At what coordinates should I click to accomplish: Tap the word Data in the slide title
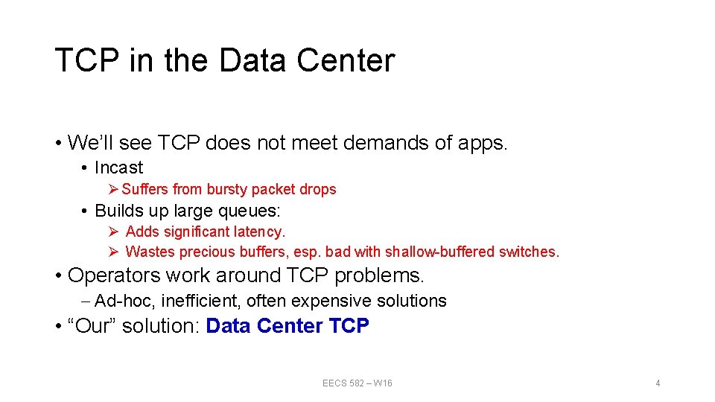click(252, 61)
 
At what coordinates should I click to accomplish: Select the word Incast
click(118, 167)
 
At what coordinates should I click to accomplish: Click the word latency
click(260, 232)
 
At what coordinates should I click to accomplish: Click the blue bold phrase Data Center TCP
click(287, 326)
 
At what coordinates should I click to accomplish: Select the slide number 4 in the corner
click(658, 383)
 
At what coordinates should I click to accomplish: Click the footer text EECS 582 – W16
click(357, 383)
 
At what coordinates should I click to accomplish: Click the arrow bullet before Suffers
click(114, 189)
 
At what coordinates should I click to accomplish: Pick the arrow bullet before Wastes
click(114, 252)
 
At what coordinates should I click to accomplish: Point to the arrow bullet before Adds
click(114, 232)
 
